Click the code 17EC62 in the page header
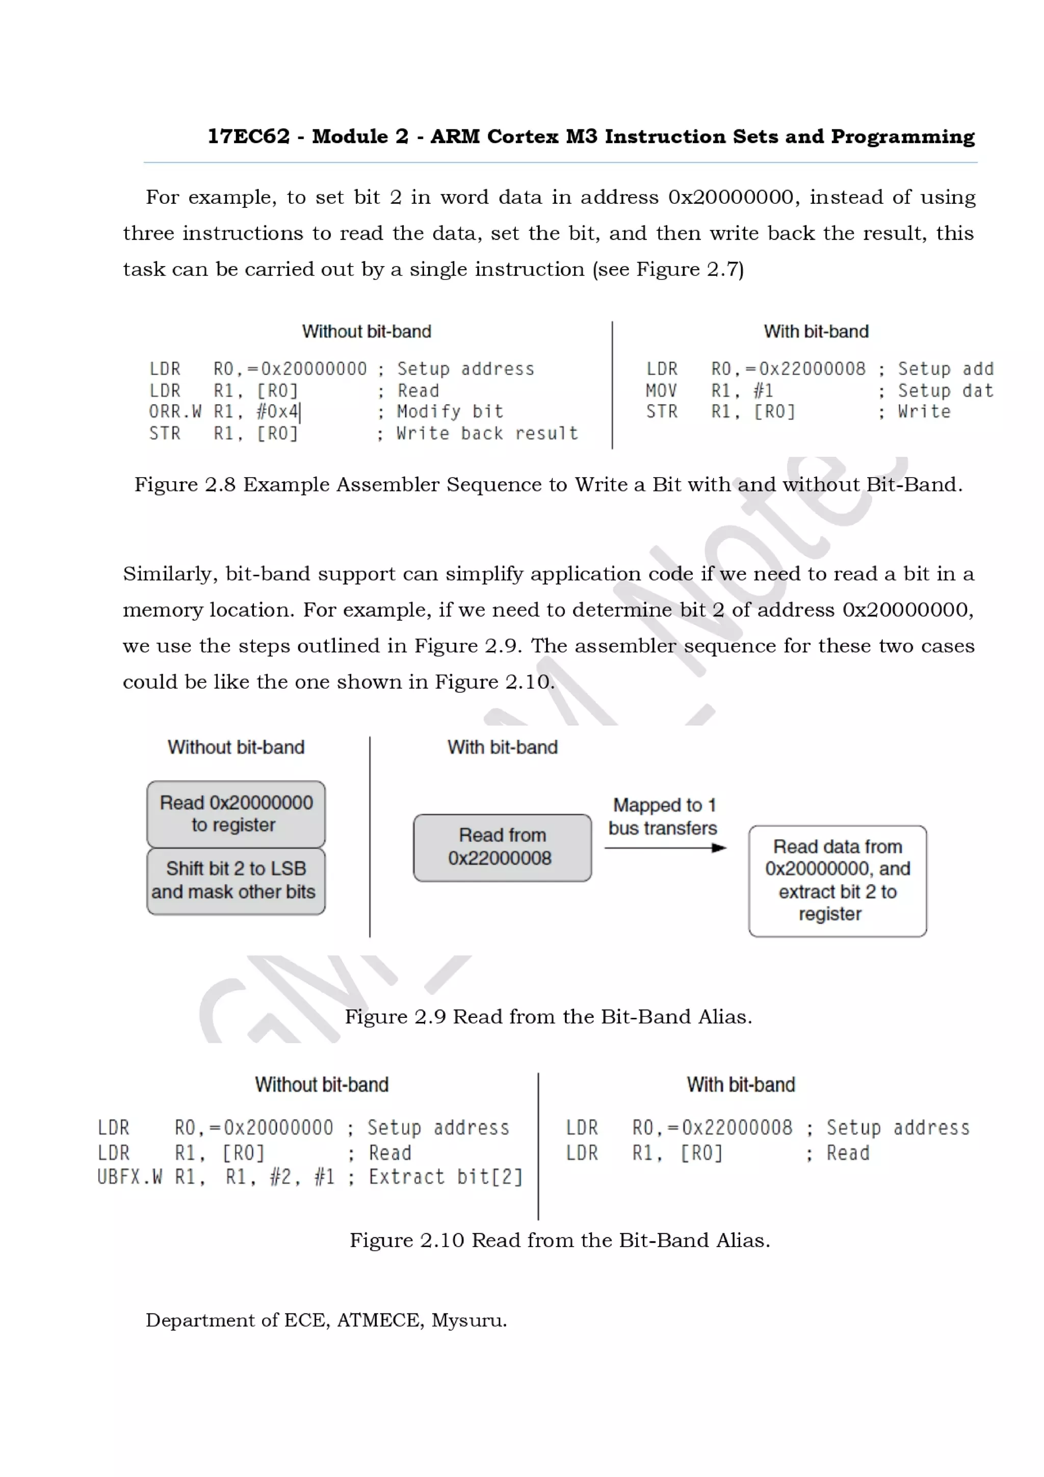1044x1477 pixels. pyautogui.click(x=248, y=137)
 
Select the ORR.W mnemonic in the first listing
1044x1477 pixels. pyautogui.click(x=175, y=412)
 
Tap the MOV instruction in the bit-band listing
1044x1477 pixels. pyautogui.click(x=661, y=390)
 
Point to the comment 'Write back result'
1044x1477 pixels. pyautogui.click(x=487, y=434)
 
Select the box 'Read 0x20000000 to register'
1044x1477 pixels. pyautogui.click(x=236, y=814)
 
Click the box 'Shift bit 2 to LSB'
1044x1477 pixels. pyautogui.click(x=236, y=881)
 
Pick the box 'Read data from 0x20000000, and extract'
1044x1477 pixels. pyautogui.click(x=837, y=881)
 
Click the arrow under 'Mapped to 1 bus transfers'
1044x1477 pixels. pyautogui.click(x=665, y=848)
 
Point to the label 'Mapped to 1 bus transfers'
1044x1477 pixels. pyautogui.click(x=663, y=816)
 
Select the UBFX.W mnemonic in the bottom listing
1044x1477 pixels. pyautogui.click(x=129, y=1177)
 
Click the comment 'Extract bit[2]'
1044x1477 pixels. pyautogui.click(x=445, y=1177)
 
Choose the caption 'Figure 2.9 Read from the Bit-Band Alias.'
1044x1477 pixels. pyautogui.click(x=548, y=1016)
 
